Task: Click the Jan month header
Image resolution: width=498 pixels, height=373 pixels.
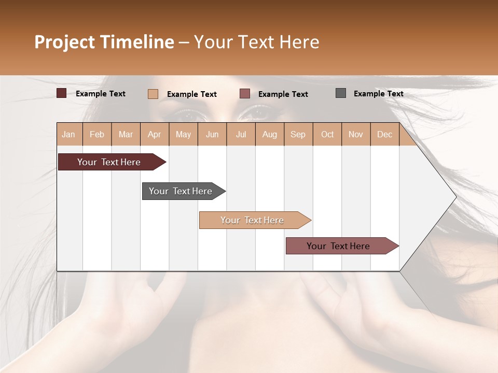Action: pyautogui.click(x=69, y=134)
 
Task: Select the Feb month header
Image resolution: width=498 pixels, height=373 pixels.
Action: pyautogui.click(x=97, y=134)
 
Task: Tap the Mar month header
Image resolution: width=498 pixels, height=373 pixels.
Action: pyautogui.click(x=126, y=134)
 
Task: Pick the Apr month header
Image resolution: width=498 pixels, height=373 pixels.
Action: pyautogui.click(x=155, y=134)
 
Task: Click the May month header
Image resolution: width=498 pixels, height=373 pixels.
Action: pyautogui.click(x=183, y=134)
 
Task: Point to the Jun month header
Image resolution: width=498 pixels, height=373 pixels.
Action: pyautogui.click(x=212, y=134)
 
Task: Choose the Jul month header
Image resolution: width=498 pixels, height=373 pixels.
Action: pyautogui.click(x=241, y=134)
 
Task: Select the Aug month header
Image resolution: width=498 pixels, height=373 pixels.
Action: pyautogui.click(x=270, y=134)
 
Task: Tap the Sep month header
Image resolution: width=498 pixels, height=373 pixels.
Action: pyautogui.click(x=298, y=134)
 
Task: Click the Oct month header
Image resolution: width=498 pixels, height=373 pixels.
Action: pyautogui.click(x=327, y=134)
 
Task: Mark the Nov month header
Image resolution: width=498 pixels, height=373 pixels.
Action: pyautogui.click(x=356, y=134)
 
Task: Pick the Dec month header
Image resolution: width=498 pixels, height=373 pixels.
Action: pyautogui.click(x=385, y=134)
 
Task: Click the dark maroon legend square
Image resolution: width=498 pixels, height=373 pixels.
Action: pyautogui.click(x=62, y=93)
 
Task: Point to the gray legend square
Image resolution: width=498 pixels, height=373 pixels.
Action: pyautogui.click(x=341, y=93)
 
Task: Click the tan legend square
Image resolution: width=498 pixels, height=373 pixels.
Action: pyautogui.click(x=153, y=94)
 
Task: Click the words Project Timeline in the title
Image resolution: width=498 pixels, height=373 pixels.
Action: pyautogui.click(x=104, y=42)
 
